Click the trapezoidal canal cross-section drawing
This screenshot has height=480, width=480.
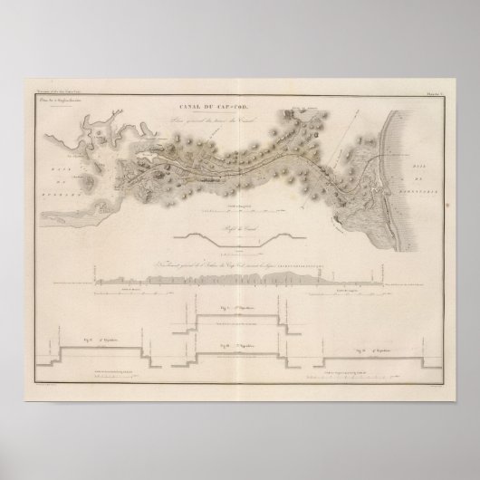coord(239,239)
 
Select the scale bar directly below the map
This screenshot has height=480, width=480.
coord(239,212)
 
